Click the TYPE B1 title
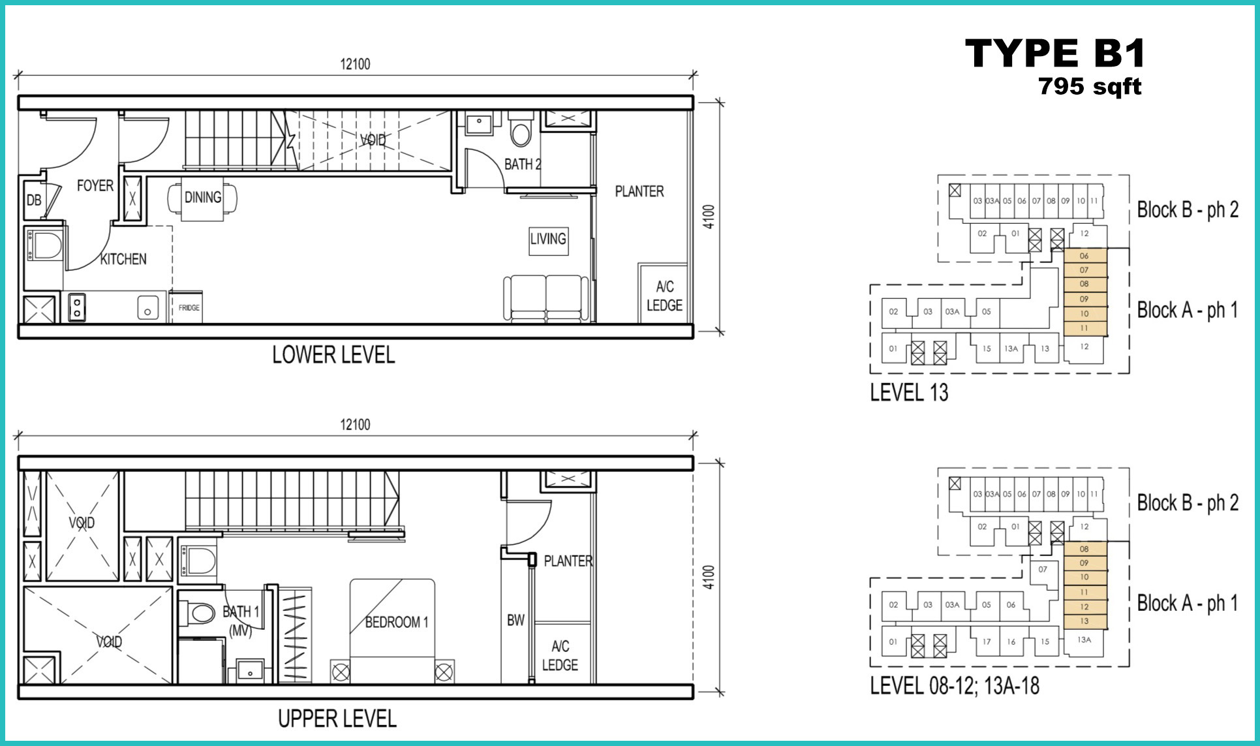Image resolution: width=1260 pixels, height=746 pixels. (1055, 53)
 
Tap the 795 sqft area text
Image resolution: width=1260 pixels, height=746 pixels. (1090, 86)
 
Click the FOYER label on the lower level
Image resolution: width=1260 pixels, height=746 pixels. (95, 186)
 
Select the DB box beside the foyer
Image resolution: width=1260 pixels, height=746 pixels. (33, 200)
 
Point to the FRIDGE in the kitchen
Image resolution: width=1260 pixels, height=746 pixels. (189, 307)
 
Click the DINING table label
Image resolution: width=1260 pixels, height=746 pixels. (202, 197)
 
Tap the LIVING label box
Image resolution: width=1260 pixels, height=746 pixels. (548, 239)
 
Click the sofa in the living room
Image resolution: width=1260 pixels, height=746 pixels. (547, 298)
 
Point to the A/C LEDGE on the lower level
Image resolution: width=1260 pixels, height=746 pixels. (664, 296)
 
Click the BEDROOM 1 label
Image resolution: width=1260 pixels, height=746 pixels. (397, 622)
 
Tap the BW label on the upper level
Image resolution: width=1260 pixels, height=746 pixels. (515, 620)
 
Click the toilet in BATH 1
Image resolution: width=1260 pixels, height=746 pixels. (202, 613)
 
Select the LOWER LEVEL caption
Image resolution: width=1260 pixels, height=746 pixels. (333, 355)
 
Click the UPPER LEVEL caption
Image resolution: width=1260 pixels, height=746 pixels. (337, 719)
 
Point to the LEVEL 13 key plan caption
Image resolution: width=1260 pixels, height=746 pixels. (909, 392)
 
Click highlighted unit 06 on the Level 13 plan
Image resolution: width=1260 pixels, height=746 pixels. (1084, 256)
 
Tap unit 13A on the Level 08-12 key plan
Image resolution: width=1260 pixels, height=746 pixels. (1084, 640)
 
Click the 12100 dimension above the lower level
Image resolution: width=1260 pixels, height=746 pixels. (355, 64)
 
